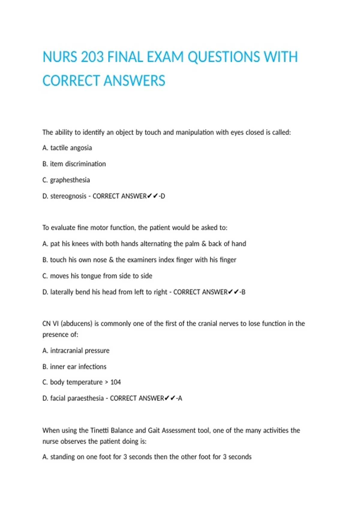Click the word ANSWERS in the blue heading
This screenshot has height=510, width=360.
(x=134, y=81)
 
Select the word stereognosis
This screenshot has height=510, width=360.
(x=68, y=196)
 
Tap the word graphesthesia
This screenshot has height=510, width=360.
(x=70, y=180)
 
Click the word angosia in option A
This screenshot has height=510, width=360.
(x=81, y=148)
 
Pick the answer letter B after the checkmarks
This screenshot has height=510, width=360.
(x=243, y=292)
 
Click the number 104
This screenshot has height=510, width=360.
(x=115, y=382)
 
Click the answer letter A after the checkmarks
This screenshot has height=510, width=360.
(x=180, y=398)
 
